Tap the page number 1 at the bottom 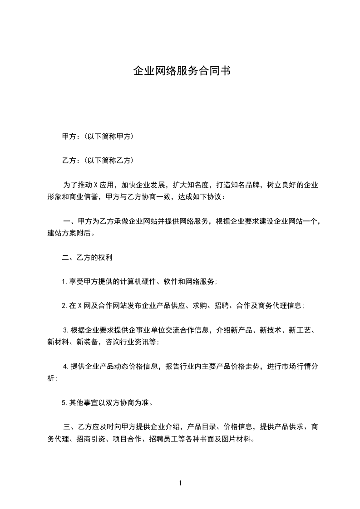point(180,483)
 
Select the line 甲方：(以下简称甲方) point(97,136)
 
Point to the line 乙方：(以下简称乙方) point(97,161)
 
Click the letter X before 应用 point(96,185)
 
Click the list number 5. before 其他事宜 point(64,402)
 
